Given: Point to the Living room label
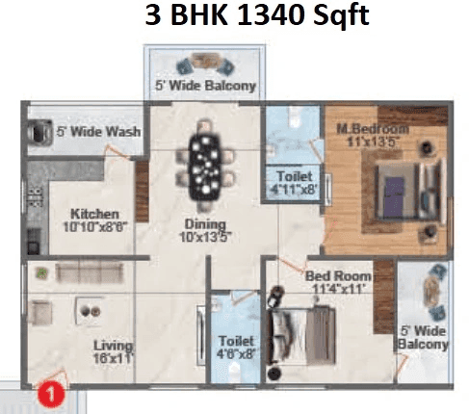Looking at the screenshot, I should click(113, 344).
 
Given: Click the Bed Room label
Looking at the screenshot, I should click(337, 275).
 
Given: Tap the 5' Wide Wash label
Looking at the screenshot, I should click(97, 132).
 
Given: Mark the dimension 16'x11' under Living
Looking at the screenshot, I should click(113, 358).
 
